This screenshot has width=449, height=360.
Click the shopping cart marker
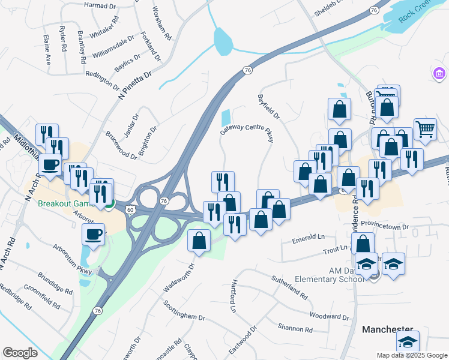pos(425,128)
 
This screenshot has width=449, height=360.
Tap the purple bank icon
pos(439,73)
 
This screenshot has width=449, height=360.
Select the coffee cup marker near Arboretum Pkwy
pos(93,235)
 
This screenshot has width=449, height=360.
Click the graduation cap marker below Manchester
pos(408,342)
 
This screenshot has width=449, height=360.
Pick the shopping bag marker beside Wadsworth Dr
pos(199,241)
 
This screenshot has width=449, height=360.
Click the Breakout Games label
pos(66,203)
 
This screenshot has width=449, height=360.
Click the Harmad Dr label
pos(100,5)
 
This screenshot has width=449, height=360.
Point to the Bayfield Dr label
pos(268,104)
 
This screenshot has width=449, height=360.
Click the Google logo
pos(20,352)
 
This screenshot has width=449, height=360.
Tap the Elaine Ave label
pos(47,49)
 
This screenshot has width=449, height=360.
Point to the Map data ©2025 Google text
pos(411,355)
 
